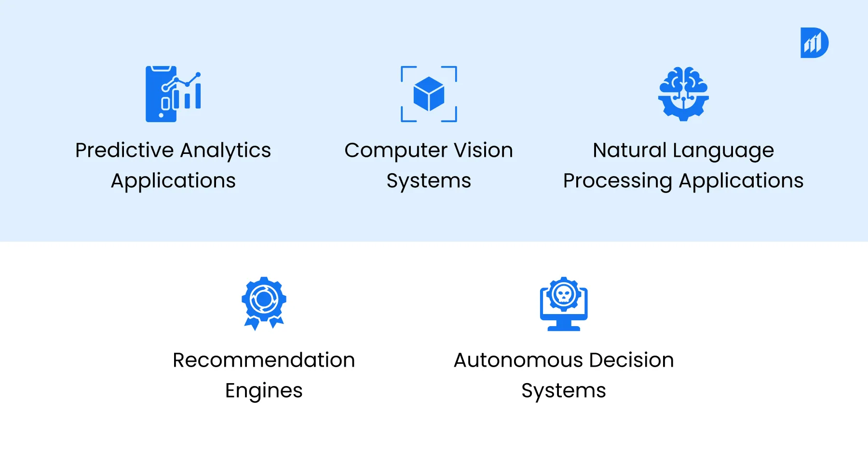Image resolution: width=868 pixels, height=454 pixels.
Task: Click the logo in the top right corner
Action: coord(814,43)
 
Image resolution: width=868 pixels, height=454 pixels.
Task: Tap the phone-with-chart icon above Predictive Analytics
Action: coord(173,94)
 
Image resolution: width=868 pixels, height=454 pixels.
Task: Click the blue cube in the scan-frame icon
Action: coord(429,94)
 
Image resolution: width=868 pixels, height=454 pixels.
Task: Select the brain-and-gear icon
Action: coord(683,94)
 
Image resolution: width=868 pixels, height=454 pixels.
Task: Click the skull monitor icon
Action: coord(564,304)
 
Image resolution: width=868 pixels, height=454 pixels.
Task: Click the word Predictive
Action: coord(124,151)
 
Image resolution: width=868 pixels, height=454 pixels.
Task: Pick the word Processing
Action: coord(617,181)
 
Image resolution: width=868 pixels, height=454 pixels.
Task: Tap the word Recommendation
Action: coord(264,360)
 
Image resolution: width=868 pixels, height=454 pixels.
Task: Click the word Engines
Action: coord(264,391)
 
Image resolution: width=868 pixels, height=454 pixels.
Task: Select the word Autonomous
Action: coord(518,360)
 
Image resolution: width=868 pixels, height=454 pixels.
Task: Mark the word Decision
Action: coord(631,360)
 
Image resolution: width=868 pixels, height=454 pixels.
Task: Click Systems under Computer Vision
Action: coord(429,181)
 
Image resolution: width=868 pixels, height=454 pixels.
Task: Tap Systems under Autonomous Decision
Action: coord(564,391)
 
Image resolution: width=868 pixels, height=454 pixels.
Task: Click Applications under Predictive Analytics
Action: coord(173,181)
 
